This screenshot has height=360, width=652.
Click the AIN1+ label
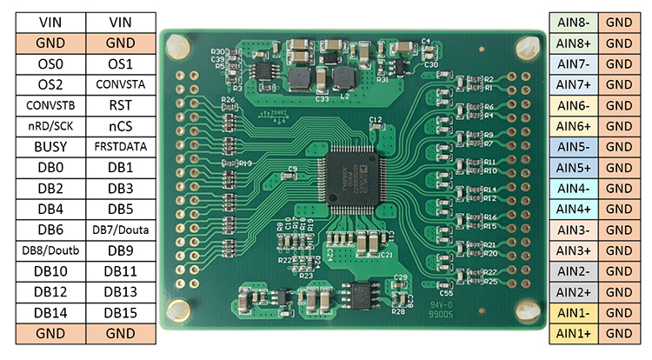574,333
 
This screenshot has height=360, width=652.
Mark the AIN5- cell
574,147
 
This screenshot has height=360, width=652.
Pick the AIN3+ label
574,250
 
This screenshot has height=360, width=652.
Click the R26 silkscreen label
228,101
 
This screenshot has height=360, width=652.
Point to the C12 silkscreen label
376,119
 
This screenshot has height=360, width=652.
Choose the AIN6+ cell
574,126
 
